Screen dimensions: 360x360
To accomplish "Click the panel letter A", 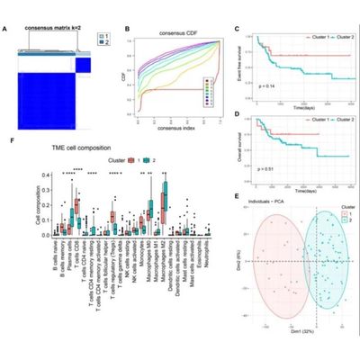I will (x=6, y=29).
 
